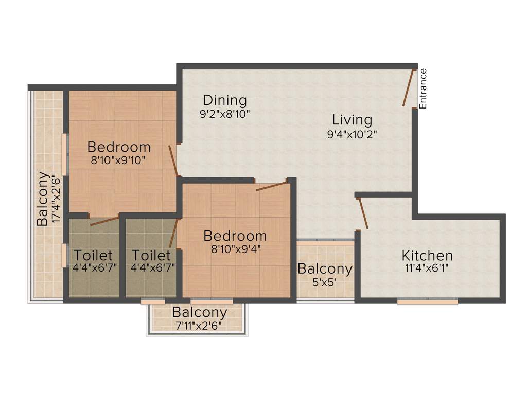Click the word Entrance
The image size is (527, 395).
(423, 88)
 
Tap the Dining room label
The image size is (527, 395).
(224, 100)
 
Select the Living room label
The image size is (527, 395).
(352, 120)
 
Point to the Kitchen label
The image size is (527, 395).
(427, 255)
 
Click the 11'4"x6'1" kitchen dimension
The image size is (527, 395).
(427, 267)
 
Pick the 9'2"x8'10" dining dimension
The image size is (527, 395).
(224, 114)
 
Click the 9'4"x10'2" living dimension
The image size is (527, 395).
(352, 134)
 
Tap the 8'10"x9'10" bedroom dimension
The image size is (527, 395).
(118, 160)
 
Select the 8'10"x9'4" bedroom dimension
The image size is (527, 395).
(235, 249)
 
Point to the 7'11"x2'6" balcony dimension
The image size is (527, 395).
(199, 325)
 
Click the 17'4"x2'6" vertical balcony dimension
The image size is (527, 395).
(56, 199)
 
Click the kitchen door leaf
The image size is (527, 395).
(363, 212)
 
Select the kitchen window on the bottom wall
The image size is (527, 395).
(427, 302)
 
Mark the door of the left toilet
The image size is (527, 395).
(104, 221)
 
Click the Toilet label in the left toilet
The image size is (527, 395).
(93, 255)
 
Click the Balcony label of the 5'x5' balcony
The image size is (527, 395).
(325, 268)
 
